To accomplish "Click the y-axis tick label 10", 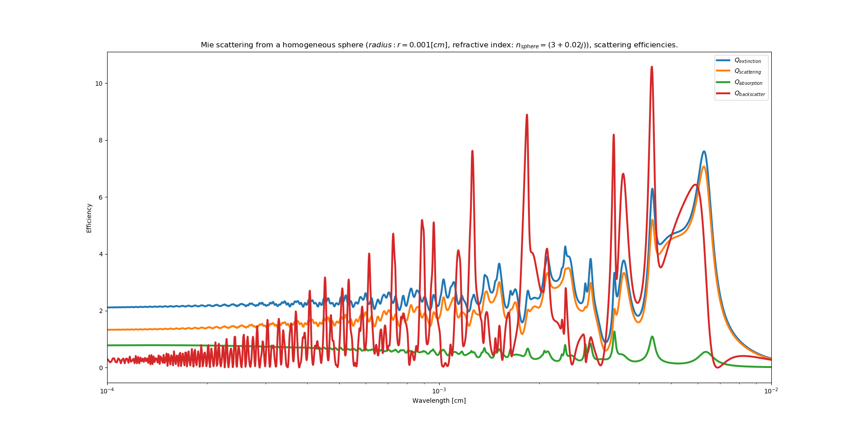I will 99,83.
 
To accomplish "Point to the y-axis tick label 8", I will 101,140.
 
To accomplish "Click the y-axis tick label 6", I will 101,197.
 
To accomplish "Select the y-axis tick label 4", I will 101,254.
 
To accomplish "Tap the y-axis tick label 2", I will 101,311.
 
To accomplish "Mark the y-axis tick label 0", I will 101,368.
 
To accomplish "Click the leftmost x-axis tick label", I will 107,391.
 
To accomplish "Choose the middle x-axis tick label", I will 439,391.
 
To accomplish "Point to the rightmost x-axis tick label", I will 771,391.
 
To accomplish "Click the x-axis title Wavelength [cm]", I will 439,401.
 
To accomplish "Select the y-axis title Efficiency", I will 89,218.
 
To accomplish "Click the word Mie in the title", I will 207,45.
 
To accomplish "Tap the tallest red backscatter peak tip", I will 652,67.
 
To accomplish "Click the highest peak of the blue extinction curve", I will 704,151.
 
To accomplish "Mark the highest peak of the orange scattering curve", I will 703,167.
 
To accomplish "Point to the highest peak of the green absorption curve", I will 614,332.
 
